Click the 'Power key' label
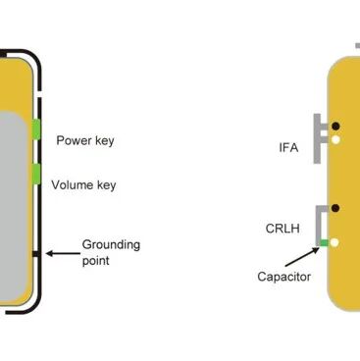point(85,140)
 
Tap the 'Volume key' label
point(83,185)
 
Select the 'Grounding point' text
point(111,252)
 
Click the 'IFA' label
point(288,147)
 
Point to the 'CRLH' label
point(283,229)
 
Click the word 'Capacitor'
point(283,277)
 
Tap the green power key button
point(36,129)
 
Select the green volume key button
point(36,174)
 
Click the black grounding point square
point(36,254)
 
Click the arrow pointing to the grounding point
point(63,253)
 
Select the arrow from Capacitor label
point(302,257)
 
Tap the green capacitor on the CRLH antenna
point(324,242)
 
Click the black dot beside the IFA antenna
point(335,126)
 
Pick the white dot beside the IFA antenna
point(335,140)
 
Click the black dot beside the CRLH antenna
point(335,208)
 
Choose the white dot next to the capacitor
point(334,242)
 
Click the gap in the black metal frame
point(38,94)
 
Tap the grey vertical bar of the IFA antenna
point(317,138)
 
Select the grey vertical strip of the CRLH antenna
point(318,226)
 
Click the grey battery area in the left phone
point(13,204)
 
